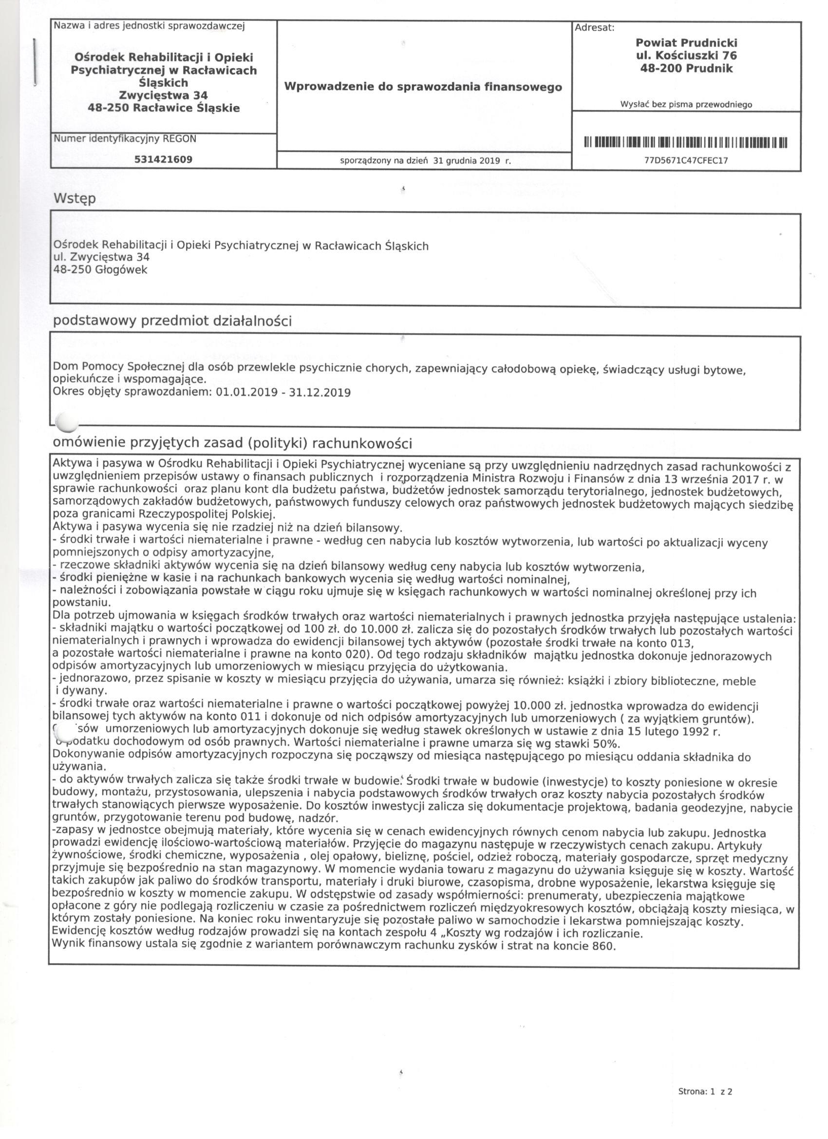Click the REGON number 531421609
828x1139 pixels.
point(163,160)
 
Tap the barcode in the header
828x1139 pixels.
point(686,143)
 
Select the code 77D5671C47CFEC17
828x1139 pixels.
point(686,161)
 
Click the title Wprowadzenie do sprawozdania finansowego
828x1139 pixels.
point(423,87)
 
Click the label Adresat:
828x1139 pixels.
point(595,28)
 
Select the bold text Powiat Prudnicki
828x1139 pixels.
point(686,43)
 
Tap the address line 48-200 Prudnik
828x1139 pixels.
point(686,69)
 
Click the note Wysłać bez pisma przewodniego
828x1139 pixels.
point(686,105)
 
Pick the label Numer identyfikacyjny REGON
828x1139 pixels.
point(125,139)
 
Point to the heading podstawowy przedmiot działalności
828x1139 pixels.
point(172,321)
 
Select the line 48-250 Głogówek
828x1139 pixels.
point(100,270)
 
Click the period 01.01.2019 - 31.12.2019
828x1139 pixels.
point(282,392)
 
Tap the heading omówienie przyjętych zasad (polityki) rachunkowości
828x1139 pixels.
point(232,443)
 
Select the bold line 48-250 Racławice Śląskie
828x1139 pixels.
point(163,108)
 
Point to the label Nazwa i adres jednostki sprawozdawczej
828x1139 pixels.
point(149,26)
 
